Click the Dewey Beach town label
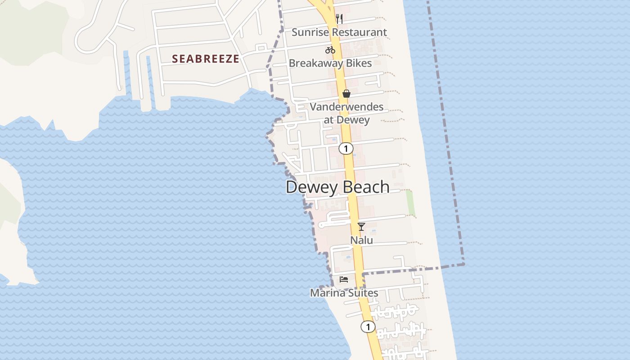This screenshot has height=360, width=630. pyautogui.click(x=337, y=187)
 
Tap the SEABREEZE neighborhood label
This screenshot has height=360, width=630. pyautogui.click(x=206, y=59)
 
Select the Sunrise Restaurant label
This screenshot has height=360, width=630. pyautogui.click(x=339, y=32)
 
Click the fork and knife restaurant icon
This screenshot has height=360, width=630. pyautogui.click(x=339, y=19)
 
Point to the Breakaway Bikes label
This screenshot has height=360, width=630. pyautogui.click(x=330, y=63)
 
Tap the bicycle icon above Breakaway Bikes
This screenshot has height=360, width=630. pyautogui.click(x=330, y=50)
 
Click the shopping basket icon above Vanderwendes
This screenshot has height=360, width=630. pyautogui.click(x=346, y=94)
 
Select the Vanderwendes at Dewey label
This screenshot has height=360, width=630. pyautogui.click(x=346, y=113)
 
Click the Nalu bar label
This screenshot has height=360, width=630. pyautogui.click(x=362, y=240)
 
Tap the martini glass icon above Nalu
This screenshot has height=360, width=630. pyautogui.click(x=361, y=226)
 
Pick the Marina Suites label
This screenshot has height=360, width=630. pyautogui.click(x=344, y=293)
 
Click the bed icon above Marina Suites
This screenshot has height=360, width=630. pyautogui.click(x=344, y=279)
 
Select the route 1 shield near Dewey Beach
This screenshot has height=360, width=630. pyautogui.click(x=346, y=148)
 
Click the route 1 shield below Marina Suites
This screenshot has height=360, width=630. pyautogui.click(x=368, y=327)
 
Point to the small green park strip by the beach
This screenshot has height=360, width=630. pyautogui.click(x=410, y=202)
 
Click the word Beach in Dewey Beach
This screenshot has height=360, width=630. pyautogui.click(x=364, y=187)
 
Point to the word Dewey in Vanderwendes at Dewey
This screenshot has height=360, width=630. pyautogui.click(x=353, y=120)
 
